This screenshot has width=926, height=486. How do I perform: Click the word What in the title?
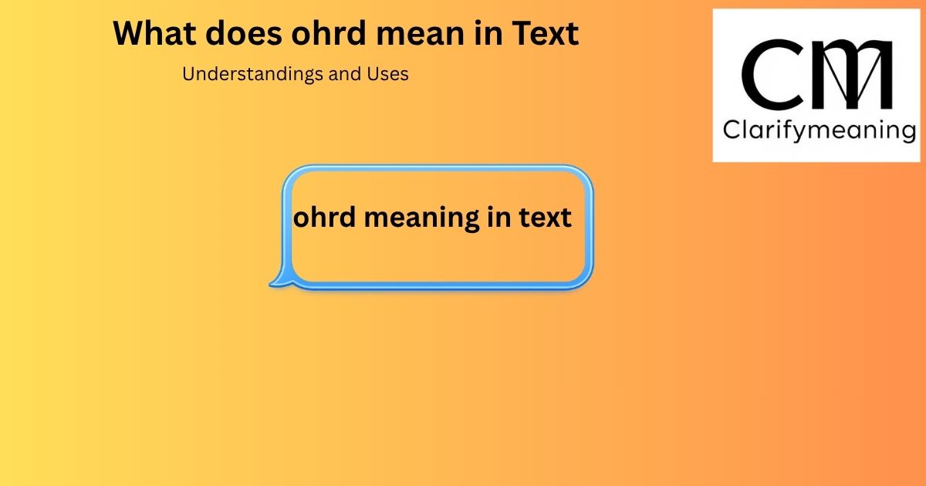tap(154, 33)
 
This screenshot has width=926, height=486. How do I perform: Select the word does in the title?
tap(244, 33)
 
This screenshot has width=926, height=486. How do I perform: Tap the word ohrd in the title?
tap(329, 33)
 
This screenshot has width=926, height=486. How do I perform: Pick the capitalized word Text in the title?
tap(546, 33)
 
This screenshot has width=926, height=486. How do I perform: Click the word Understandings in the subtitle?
tap(252, 75)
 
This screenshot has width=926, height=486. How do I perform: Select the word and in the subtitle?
tap(345, 74)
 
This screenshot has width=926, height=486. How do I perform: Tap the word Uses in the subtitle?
tap(387, 74)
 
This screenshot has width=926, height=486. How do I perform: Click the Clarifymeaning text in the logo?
tap(820, 130)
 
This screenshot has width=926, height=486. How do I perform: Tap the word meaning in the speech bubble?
tap(421, 218)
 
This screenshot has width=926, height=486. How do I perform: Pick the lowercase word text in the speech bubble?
tap(546, 218)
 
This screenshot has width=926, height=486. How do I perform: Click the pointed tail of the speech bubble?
tap(270, 285)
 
